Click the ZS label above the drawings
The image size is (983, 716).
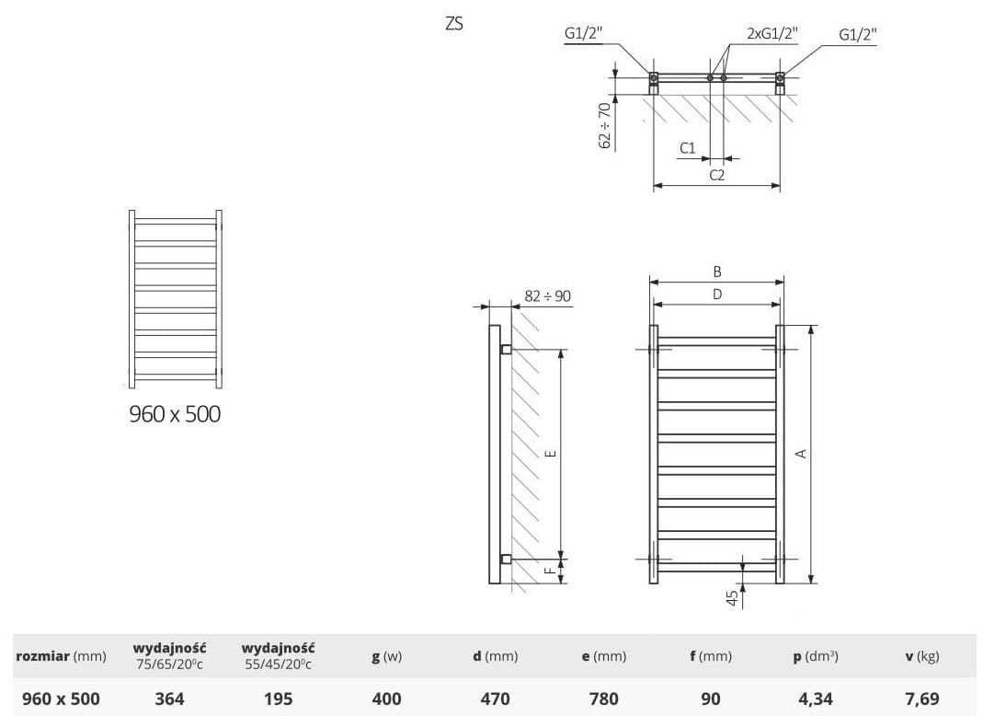(454, 24)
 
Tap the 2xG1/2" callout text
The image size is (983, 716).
(772, 33)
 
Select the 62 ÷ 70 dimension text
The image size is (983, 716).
(604, 125)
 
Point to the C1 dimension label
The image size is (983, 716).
(688, 147)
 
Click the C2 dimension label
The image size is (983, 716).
(716, 175)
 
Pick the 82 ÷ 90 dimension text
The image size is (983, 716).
(547, 296)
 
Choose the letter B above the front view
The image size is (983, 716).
(717, 271)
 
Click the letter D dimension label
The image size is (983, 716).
(717, 294)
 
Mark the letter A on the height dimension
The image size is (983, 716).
(801, 453)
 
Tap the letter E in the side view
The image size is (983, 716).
(551, 453)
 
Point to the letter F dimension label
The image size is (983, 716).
(550, 571)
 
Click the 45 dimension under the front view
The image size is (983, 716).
(732, 598)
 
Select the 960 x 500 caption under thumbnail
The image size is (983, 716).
(175, 414)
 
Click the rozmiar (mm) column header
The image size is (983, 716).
(61, 656)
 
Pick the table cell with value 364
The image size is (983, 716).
(169, 699)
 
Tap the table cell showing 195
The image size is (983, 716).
(278, 699)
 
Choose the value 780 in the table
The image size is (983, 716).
(604, 699)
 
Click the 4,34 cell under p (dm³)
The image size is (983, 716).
(816, 699)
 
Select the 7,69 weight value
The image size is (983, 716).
(922, 699)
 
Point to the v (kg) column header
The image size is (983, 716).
(922, 656)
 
